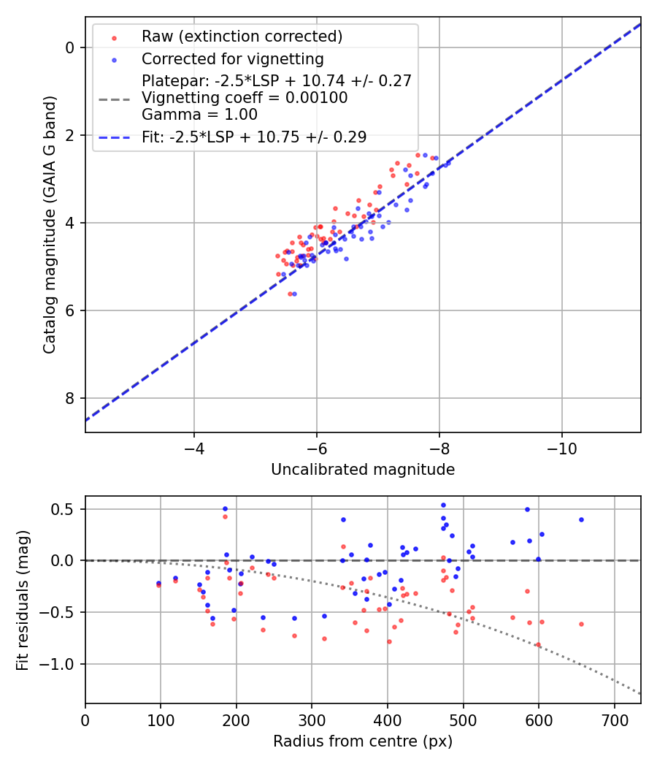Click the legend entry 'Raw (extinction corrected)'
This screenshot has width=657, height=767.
coord(242,37)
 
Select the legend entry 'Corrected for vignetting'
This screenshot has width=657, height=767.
coord(232,58)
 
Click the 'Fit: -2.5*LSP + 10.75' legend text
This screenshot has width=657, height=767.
coord(254,137)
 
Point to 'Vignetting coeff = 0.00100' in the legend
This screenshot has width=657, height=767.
coord(245,98)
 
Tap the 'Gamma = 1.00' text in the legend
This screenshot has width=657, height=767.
coord(199,115)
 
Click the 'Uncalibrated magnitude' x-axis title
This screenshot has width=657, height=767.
coord(363,470)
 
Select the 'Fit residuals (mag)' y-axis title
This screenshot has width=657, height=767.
coord(23,600)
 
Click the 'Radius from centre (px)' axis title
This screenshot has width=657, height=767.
coord(363,741)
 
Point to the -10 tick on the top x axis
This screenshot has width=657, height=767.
coord(561,446)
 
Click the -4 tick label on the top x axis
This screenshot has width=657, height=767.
coord(193,446)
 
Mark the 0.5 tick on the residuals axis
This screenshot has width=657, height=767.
coord(66,509)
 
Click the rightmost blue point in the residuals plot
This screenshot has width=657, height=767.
coord(581,519)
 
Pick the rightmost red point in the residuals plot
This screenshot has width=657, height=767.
coord(581,624)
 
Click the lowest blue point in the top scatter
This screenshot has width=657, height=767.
coord(294,294)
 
